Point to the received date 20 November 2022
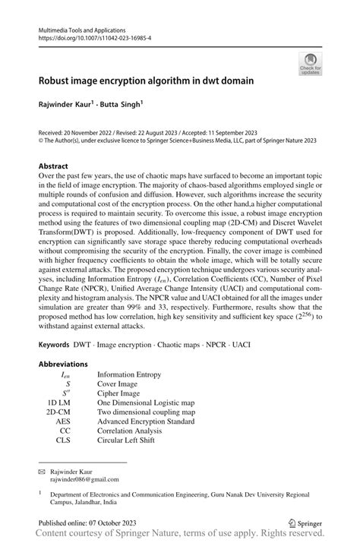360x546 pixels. pos(80,131)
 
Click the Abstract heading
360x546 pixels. pos(55,165)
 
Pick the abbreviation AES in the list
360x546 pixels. pos(65,421)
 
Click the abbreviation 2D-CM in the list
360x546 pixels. pos(59,412)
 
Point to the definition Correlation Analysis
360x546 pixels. pos(128,430)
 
